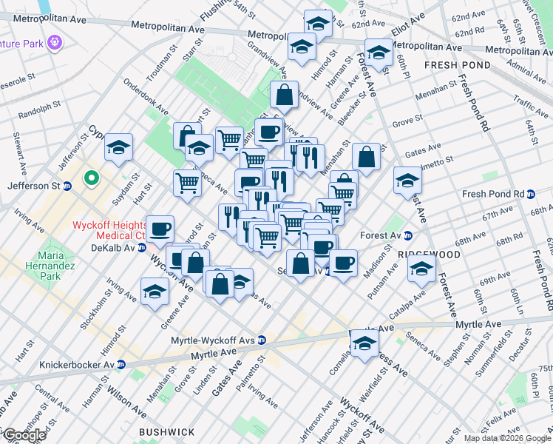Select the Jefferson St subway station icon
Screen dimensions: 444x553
(67, 185)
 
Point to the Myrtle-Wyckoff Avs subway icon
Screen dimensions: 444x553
(262, 340)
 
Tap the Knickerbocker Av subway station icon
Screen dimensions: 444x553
(121, 365)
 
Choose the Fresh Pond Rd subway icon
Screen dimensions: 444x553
(530, 195)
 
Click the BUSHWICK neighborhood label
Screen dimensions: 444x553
(167, 431)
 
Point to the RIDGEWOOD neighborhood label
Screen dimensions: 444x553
(429, 254)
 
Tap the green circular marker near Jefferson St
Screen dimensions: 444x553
(91, 178)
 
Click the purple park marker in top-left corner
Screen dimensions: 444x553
(53, 42)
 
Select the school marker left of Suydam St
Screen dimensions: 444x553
(118, 148)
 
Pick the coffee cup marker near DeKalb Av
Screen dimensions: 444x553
(160, 229)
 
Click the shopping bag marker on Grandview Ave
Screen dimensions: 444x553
(285, 95)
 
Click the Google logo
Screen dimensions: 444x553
(24, 436)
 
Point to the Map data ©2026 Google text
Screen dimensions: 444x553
(507, 438)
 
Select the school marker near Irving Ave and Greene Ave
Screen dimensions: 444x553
(155, 293)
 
